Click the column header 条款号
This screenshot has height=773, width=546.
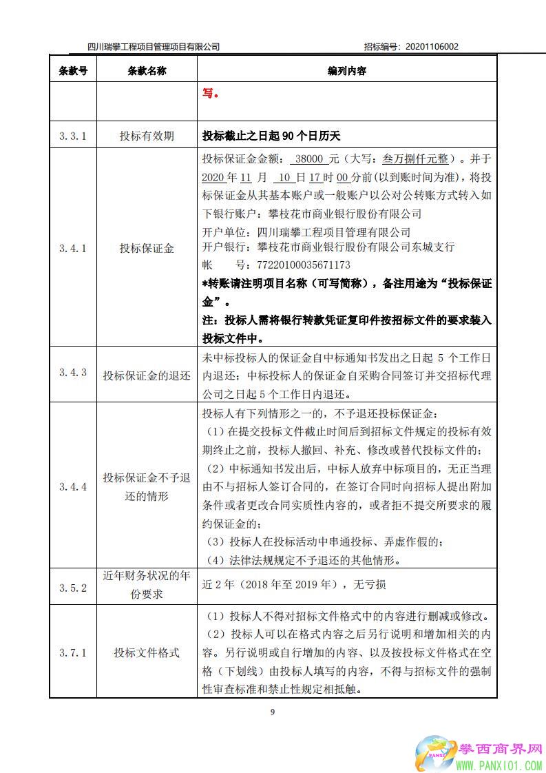point(73,70)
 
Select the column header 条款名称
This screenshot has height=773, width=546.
point(147,70)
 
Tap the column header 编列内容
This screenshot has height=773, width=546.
point(346,70)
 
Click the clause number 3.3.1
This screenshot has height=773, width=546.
point(73,136)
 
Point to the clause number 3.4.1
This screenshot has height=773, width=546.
point(73,249)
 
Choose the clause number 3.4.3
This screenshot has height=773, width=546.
point(73,372)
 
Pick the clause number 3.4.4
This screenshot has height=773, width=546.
point(73,486)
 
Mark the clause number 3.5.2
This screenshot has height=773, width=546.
point(73,587)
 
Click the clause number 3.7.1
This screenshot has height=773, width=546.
point(73,652)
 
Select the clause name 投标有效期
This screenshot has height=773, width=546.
point(147,136)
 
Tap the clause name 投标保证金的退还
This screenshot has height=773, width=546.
point(147,375)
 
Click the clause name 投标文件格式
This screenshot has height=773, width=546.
point(147,652)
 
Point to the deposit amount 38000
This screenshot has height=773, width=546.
point(308,158)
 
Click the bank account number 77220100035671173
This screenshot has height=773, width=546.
point(293,265)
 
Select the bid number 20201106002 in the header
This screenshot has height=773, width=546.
point(432,47)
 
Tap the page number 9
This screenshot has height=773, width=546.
point(273,712)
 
